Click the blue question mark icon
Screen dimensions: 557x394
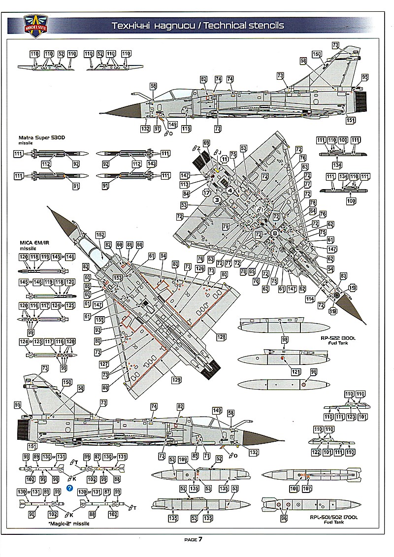point(70,489)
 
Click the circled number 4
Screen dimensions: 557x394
point(230,190)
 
